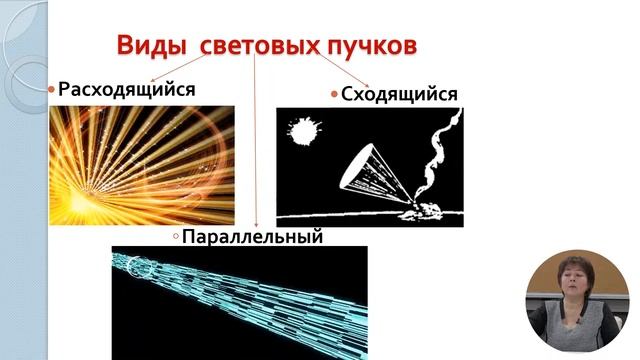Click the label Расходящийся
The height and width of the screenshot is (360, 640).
tap(126, 89)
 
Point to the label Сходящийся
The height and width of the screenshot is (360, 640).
tap(400, 94)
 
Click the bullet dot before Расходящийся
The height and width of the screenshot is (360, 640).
tap(52, 90)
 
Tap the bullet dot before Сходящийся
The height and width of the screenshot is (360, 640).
tap(335, 95)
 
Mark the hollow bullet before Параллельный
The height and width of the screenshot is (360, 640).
tap(175, 237)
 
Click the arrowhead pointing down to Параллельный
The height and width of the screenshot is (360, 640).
tap(257, 224)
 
